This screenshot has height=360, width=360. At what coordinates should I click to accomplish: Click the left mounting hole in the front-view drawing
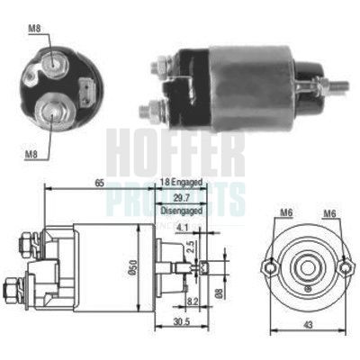[265, 266]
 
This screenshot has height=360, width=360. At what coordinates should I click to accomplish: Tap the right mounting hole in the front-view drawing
[345, 266]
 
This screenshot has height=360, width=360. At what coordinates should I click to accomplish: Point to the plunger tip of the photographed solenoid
[345, 86]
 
